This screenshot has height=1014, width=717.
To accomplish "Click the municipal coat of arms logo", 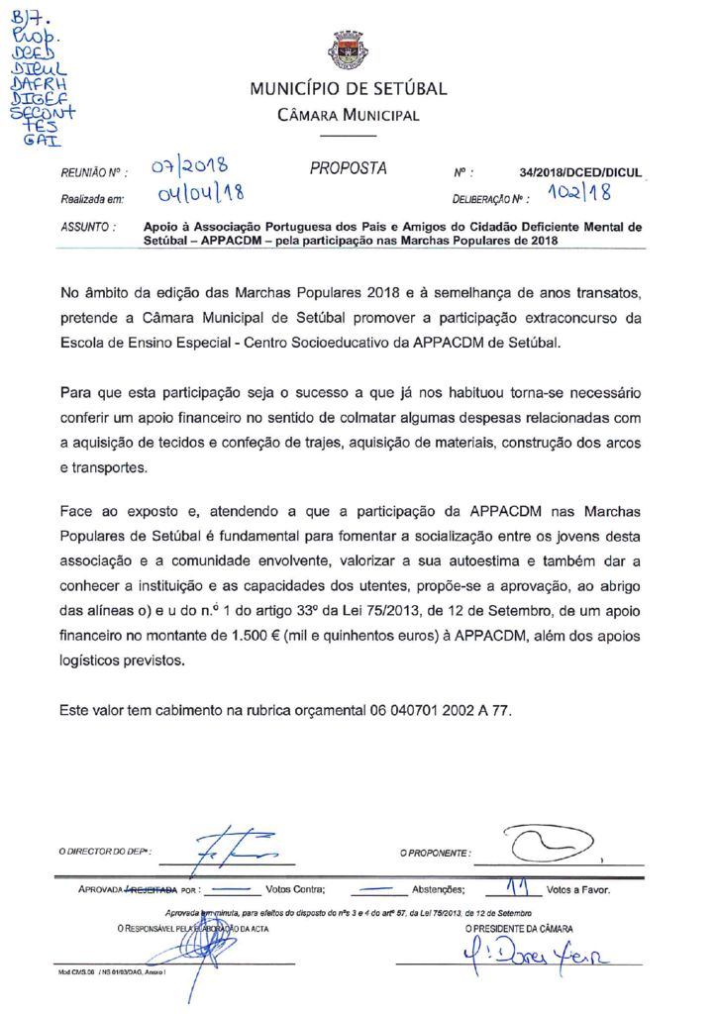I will (349, 51).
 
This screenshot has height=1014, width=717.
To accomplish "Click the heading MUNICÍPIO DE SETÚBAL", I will (349, 89).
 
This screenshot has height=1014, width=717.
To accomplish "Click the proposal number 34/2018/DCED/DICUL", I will (579, 172).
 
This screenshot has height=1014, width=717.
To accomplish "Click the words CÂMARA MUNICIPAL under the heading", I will (349, 115).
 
